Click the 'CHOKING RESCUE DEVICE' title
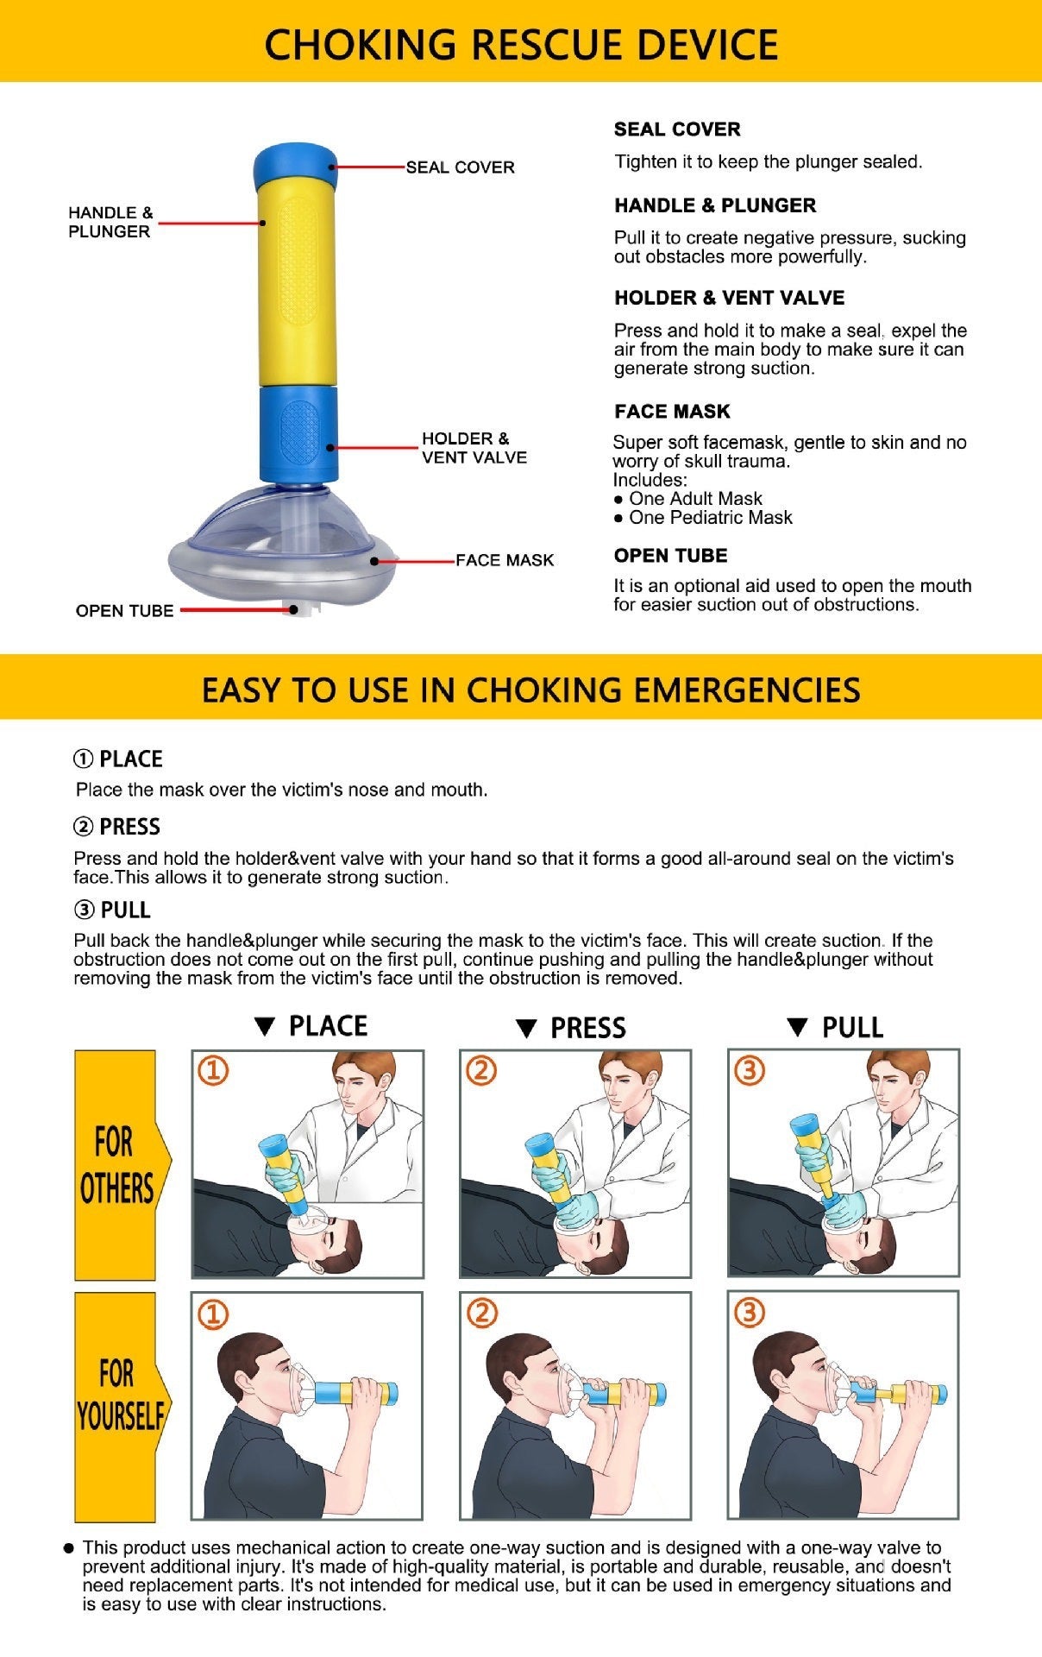521,43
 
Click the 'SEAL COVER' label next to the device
460,167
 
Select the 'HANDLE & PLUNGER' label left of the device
110,222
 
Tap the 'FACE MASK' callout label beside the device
504,560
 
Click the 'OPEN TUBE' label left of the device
124,611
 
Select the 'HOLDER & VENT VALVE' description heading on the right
729,298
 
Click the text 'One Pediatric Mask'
710,518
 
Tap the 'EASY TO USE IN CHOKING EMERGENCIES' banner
530,690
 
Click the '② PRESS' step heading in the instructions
117,827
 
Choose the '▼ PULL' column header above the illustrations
835,1027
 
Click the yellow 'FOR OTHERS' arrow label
117,1165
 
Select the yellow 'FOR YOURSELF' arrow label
119,1407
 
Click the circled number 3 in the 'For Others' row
749,1071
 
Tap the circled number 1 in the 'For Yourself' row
213,1314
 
